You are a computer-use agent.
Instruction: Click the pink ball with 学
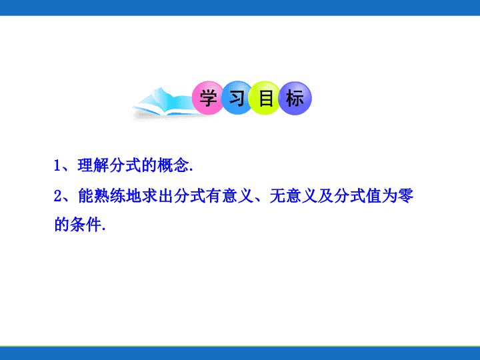(x=208, y=97)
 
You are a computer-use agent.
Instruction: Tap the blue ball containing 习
(x=237, y=97)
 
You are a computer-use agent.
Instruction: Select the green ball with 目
(x=265, y=98)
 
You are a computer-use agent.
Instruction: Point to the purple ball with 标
(x=295, y=98)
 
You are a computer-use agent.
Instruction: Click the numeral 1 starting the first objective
(x=57, y=165)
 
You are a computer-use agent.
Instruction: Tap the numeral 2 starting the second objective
(x=57, y=196)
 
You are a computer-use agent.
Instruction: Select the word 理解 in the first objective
(x=93, y=165)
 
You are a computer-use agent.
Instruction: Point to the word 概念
(x=173, y=165)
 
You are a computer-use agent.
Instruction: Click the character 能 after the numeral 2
(x=86, y=196)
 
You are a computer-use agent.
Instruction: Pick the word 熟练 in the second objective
(x=109, y=196)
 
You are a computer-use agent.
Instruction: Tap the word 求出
(x=157, y=196)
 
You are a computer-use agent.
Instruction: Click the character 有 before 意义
(x=213, y=196)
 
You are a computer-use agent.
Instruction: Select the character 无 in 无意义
(x=277, y=196)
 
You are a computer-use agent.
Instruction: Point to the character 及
(x=325, y=196)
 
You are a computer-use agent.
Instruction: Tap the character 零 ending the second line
(x=405, y=196)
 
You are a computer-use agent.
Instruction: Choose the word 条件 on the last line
(x=85, y=225)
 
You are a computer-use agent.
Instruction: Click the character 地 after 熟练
(x=133, y=196)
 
